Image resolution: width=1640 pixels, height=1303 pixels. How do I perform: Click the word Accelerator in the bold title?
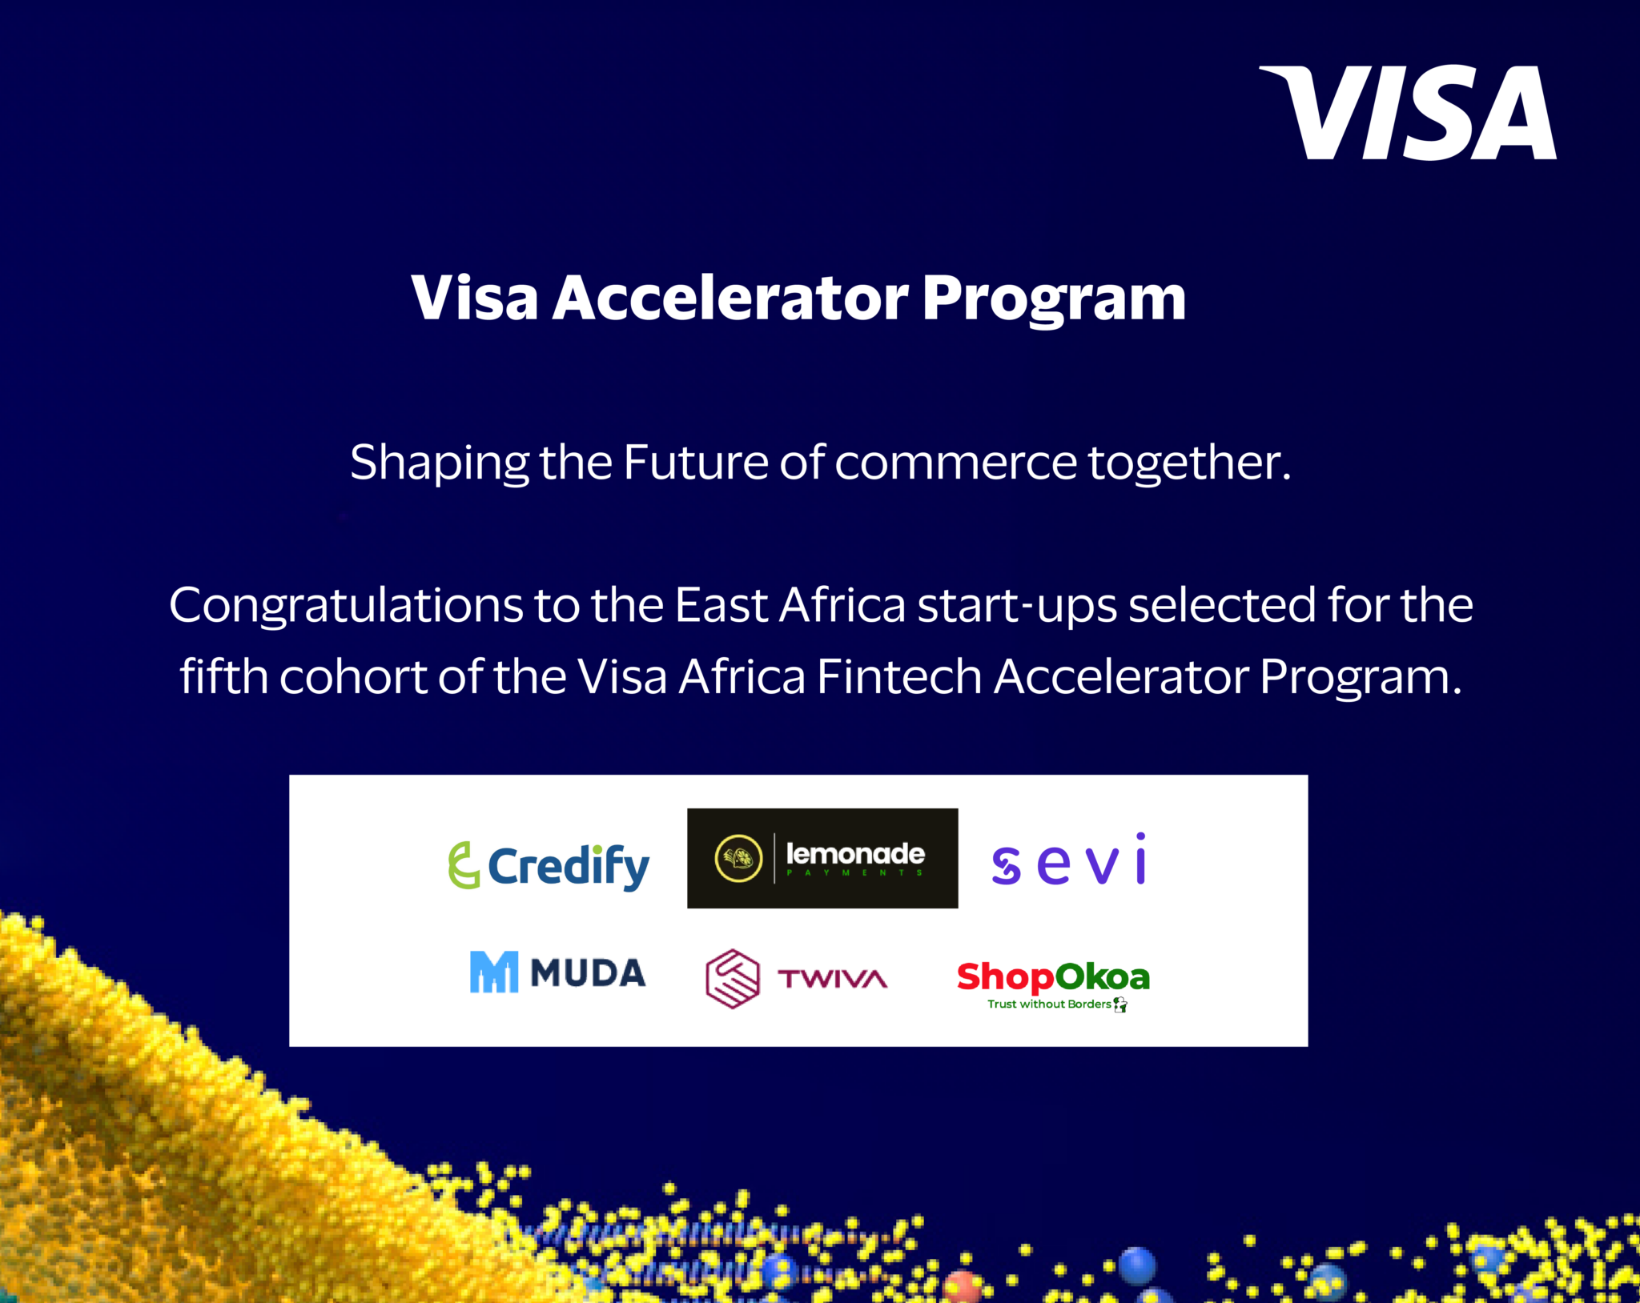[730, 298]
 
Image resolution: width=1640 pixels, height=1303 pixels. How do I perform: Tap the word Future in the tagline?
[695, 463]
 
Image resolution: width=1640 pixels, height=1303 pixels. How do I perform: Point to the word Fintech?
[898, 677]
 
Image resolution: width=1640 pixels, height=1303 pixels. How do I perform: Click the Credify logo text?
[569, 866]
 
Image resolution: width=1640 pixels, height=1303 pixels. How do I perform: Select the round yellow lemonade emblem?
[738, 858]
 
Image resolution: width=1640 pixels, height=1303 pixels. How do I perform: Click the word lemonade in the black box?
[855, 854]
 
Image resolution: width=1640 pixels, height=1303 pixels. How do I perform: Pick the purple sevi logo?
[1070, 860]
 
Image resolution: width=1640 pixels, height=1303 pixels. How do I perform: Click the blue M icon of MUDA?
[493, 972]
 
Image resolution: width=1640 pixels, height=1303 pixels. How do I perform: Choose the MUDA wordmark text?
[588, 973]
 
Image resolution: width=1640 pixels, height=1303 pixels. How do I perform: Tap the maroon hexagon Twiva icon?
[732, 978]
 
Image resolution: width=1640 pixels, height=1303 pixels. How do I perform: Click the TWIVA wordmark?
[832, 979]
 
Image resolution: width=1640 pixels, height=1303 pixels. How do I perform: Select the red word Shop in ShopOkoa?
[1005, 977]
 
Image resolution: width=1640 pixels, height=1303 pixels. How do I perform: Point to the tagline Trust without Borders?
[1049, 1004]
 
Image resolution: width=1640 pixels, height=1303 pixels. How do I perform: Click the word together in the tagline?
[1188, 463]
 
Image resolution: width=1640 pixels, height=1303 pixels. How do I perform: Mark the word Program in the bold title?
[1054, 298]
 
